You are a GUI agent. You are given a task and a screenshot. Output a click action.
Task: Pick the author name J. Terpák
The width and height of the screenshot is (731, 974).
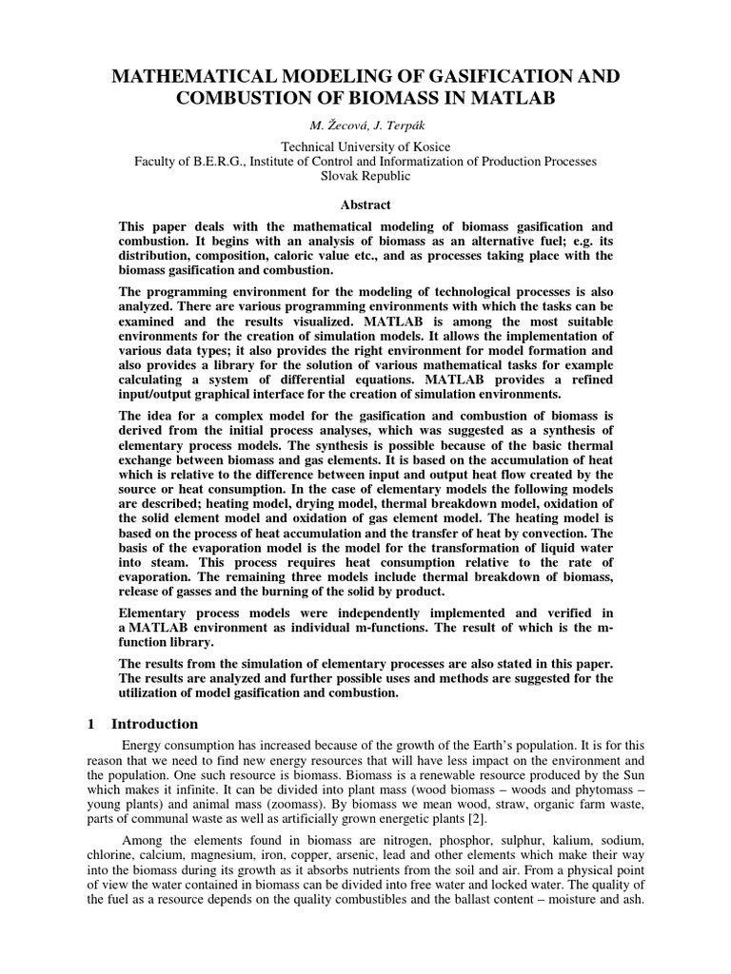[x=399, y=126]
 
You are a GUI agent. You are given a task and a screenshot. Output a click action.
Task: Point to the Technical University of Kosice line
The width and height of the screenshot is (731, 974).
[x=365, y=146]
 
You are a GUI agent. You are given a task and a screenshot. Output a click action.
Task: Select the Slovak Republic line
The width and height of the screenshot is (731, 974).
[x=365, y=177]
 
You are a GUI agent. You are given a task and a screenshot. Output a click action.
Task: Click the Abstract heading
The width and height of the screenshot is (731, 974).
[x=365, y=205]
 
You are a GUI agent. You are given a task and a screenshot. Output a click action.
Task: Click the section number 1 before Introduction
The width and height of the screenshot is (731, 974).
[x=91, y=724]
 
